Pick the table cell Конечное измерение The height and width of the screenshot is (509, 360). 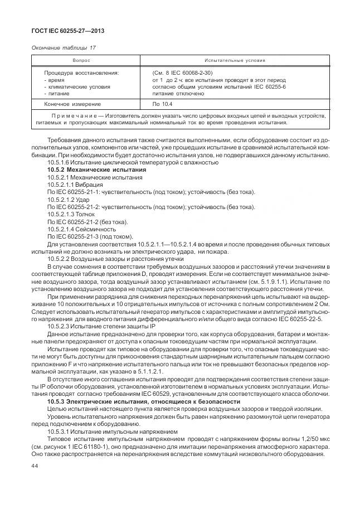click(72, 104)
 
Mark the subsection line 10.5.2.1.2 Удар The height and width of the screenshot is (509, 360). click(69, 200)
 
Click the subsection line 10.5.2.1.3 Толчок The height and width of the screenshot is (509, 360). click(71, 215)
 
